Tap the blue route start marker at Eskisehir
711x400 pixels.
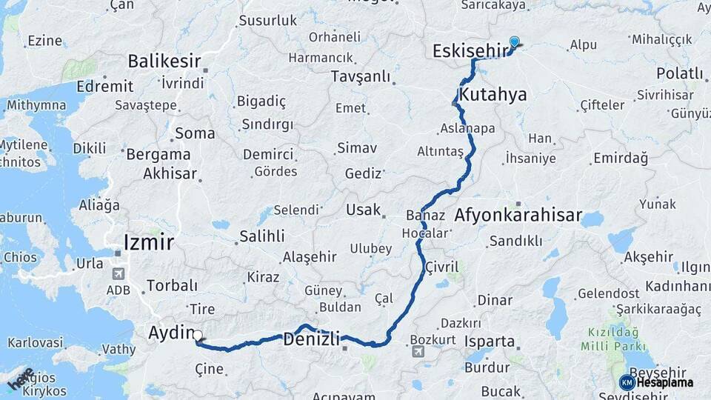(x=514, y=43)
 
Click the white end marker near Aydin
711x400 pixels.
(x=198, y=336)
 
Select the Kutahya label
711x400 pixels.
(x=493, y=94)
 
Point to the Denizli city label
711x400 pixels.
(x=311, y=340)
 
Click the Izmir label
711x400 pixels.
(x=149, y=241)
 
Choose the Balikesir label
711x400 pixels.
(x=164, y=60)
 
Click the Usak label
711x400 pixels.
(x=363, y=210)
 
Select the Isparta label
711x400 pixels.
(x=489, y=341)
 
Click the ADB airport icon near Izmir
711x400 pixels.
(x=118, y=273)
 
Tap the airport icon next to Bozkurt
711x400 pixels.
(x=418, y=351)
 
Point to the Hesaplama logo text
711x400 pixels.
(x=664, y=382)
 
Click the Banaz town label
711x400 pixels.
(x=425, y=216)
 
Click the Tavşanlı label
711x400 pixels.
(x=361, y=76)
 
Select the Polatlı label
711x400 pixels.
(x=679, y=73)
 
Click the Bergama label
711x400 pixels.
(x=158, y=155)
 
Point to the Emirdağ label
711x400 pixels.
(x=621, y=158)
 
